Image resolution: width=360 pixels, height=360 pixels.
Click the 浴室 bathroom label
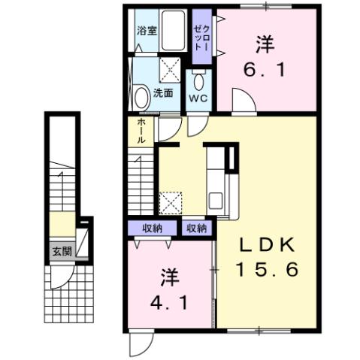coord(147,31)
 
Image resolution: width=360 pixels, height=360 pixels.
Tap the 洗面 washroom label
coord(163,93)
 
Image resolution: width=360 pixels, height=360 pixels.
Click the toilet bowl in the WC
coord(199,81)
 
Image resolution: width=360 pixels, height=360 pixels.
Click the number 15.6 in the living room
coord(267,268)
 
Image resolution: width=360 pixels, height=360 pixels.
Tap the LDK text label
coord(266,244)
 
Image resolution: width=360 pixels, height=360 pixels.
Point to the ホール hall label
coord(141,131)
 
